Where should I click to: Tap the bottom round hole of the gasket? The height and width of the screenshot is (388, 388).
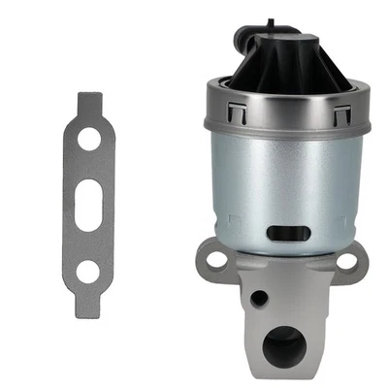click(x=89, y=271)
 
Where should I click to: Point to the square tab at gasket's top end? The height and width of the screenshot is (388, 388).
click(x=89, y=100)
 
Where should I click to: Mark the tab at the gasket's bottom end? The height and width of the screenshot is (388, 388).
click(x=89, y=305)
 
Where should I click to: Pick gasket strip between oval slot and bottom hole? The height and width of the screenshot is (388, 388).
click(x=89, y=238)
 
